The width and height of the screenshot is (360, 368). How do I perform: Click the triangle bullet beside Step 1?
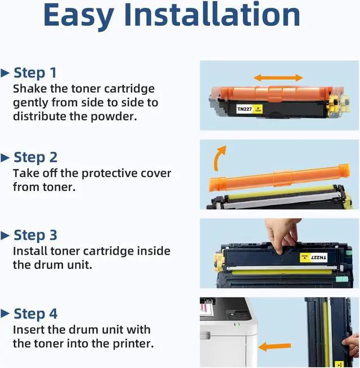[6, 73]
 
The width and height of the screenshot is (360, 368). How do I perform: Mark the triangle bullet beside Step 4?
[6, 314]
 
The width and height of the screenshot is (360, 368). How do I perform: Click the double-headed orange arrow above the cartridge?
[278, 78]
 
